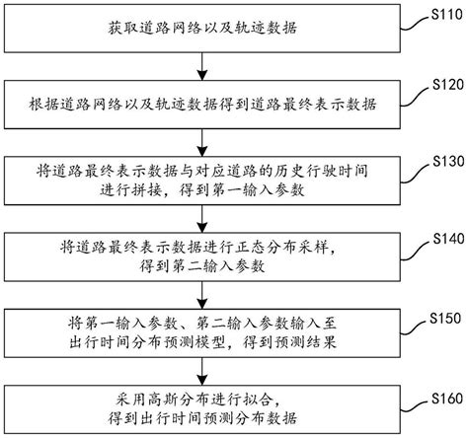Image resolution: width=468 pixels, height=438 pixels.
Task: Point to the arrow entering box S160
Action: (x=203, y=373)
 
